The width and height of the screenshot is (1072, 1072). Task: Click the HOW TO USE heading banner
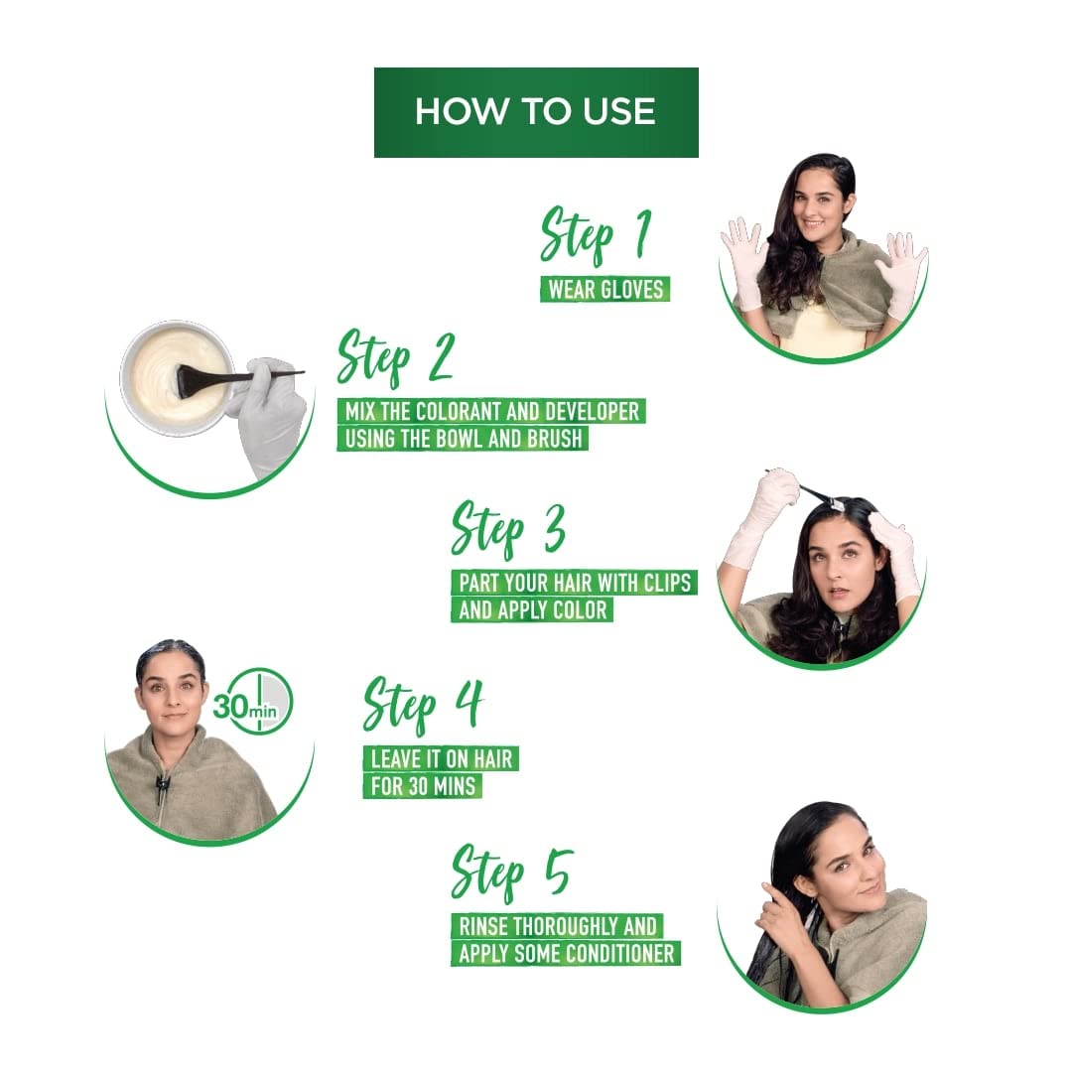(x=536, y=112)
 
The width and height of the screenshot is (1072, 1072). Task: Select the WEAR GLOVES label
(x=604, y=290)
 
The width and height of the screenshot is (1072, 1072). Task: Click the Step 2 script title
(x=395, y=359)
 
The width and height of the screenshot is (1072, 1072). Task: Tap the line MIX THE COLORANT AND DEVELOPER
(x=491, y=411)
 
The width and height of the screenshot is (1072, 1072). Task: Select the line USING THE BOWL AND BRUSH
(x=463, y=438)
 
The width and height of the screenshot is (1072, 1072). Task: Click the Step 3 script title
(x=508, y=530)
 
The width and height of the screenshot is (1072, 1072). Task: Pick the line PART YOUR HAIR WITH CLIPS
(x=574, y=582)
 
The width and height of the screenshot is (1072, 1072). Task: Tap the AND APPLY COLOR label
(x=532, y=608)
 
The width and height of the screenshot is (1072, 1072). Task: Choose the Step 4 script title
(x=423, y=706)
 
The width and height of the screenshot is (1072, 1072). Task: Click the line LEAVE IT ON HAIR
(x=441, y=759)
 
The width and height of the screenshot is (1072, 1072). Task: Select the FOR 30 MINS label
(x=422, y=786)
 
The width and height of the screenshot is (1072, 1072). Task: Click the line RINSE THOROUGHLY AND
(x=557, y=926)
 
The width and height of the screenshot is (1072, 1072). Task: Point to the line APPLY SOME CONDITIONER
(x=566, y=954)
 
